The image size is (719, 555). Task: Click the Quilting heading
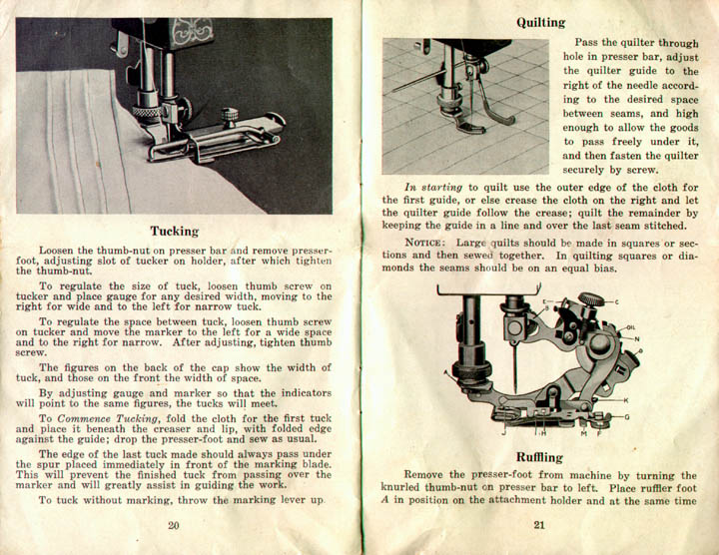coord(540,22)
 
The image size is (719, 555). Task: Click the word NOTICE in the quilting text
coord(427,243)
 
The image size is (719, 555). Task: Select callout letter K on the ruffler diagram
coord(624,400)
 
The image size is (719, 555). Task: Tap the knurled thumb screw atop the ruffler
coord(592,297)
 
